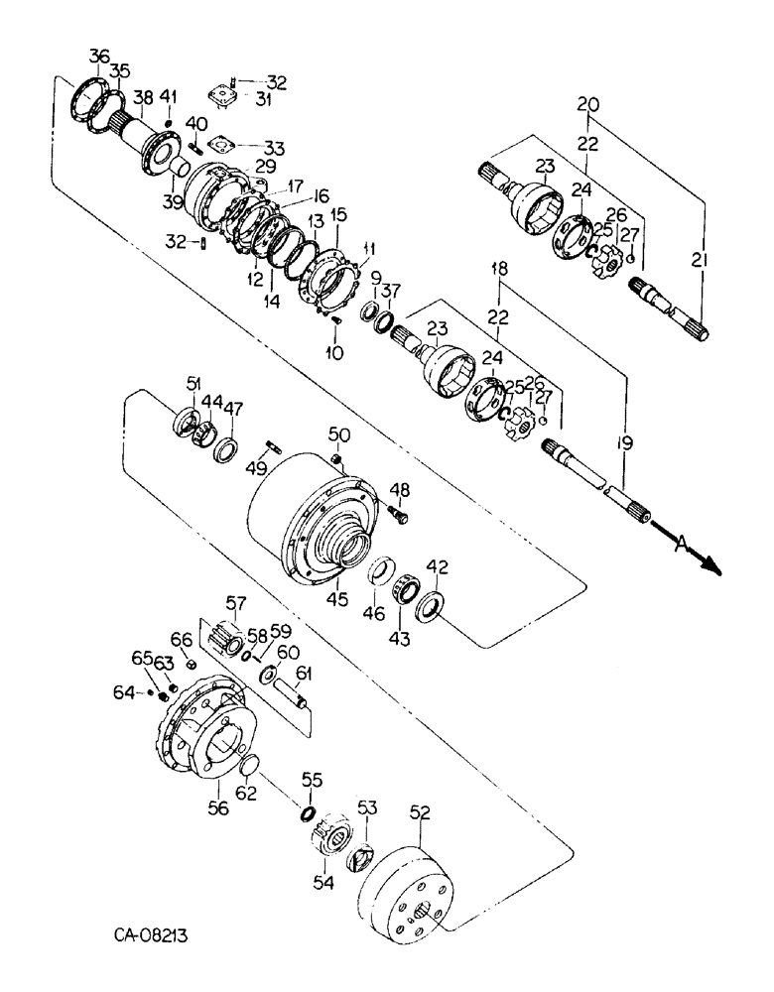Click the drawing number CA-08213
[150, 934]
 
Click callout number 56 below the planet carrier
[217, 808]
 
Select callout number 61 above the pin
[303, 676]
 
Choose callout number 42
[438, 567]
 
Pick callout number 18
[501, 271]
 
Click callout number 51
[193, 385]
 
